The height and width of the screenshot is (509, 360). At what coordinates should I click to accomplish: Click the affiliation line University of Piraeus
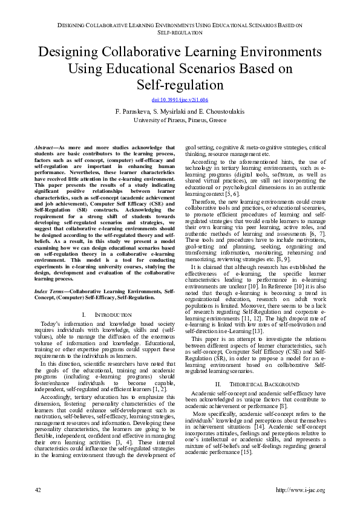point(180,120)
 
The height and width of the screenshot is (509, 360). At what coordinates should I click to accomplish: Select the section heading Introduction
point(114,315)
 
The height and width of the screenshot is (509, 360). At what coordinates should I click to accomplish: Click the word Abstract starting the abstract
point(44,148)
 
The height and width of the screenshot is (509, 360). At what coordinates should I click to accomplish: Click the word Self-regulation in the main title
point(180,84)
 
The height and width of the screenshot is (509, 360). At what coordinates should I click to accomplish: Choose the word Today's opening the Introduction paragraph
point(52,325)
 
